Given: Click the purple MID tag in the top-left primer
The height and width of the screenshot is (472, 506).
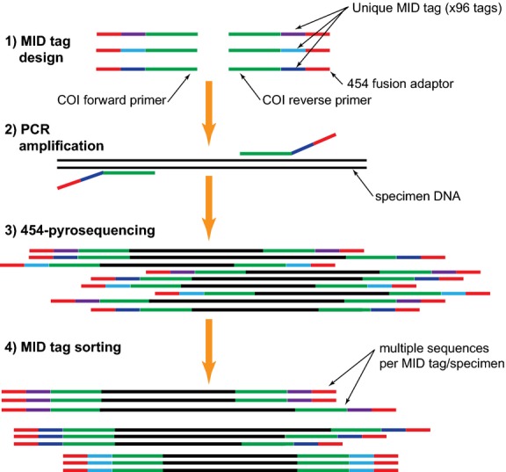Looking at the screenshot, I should click(x=133, y=34).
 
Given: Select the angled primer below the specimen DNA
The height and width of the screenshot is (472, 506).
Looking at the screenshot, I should click(x=105, y=177).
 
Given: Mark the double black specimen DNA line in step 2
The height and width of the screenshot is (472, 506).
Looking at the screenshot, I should click(x=211, y=163).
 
